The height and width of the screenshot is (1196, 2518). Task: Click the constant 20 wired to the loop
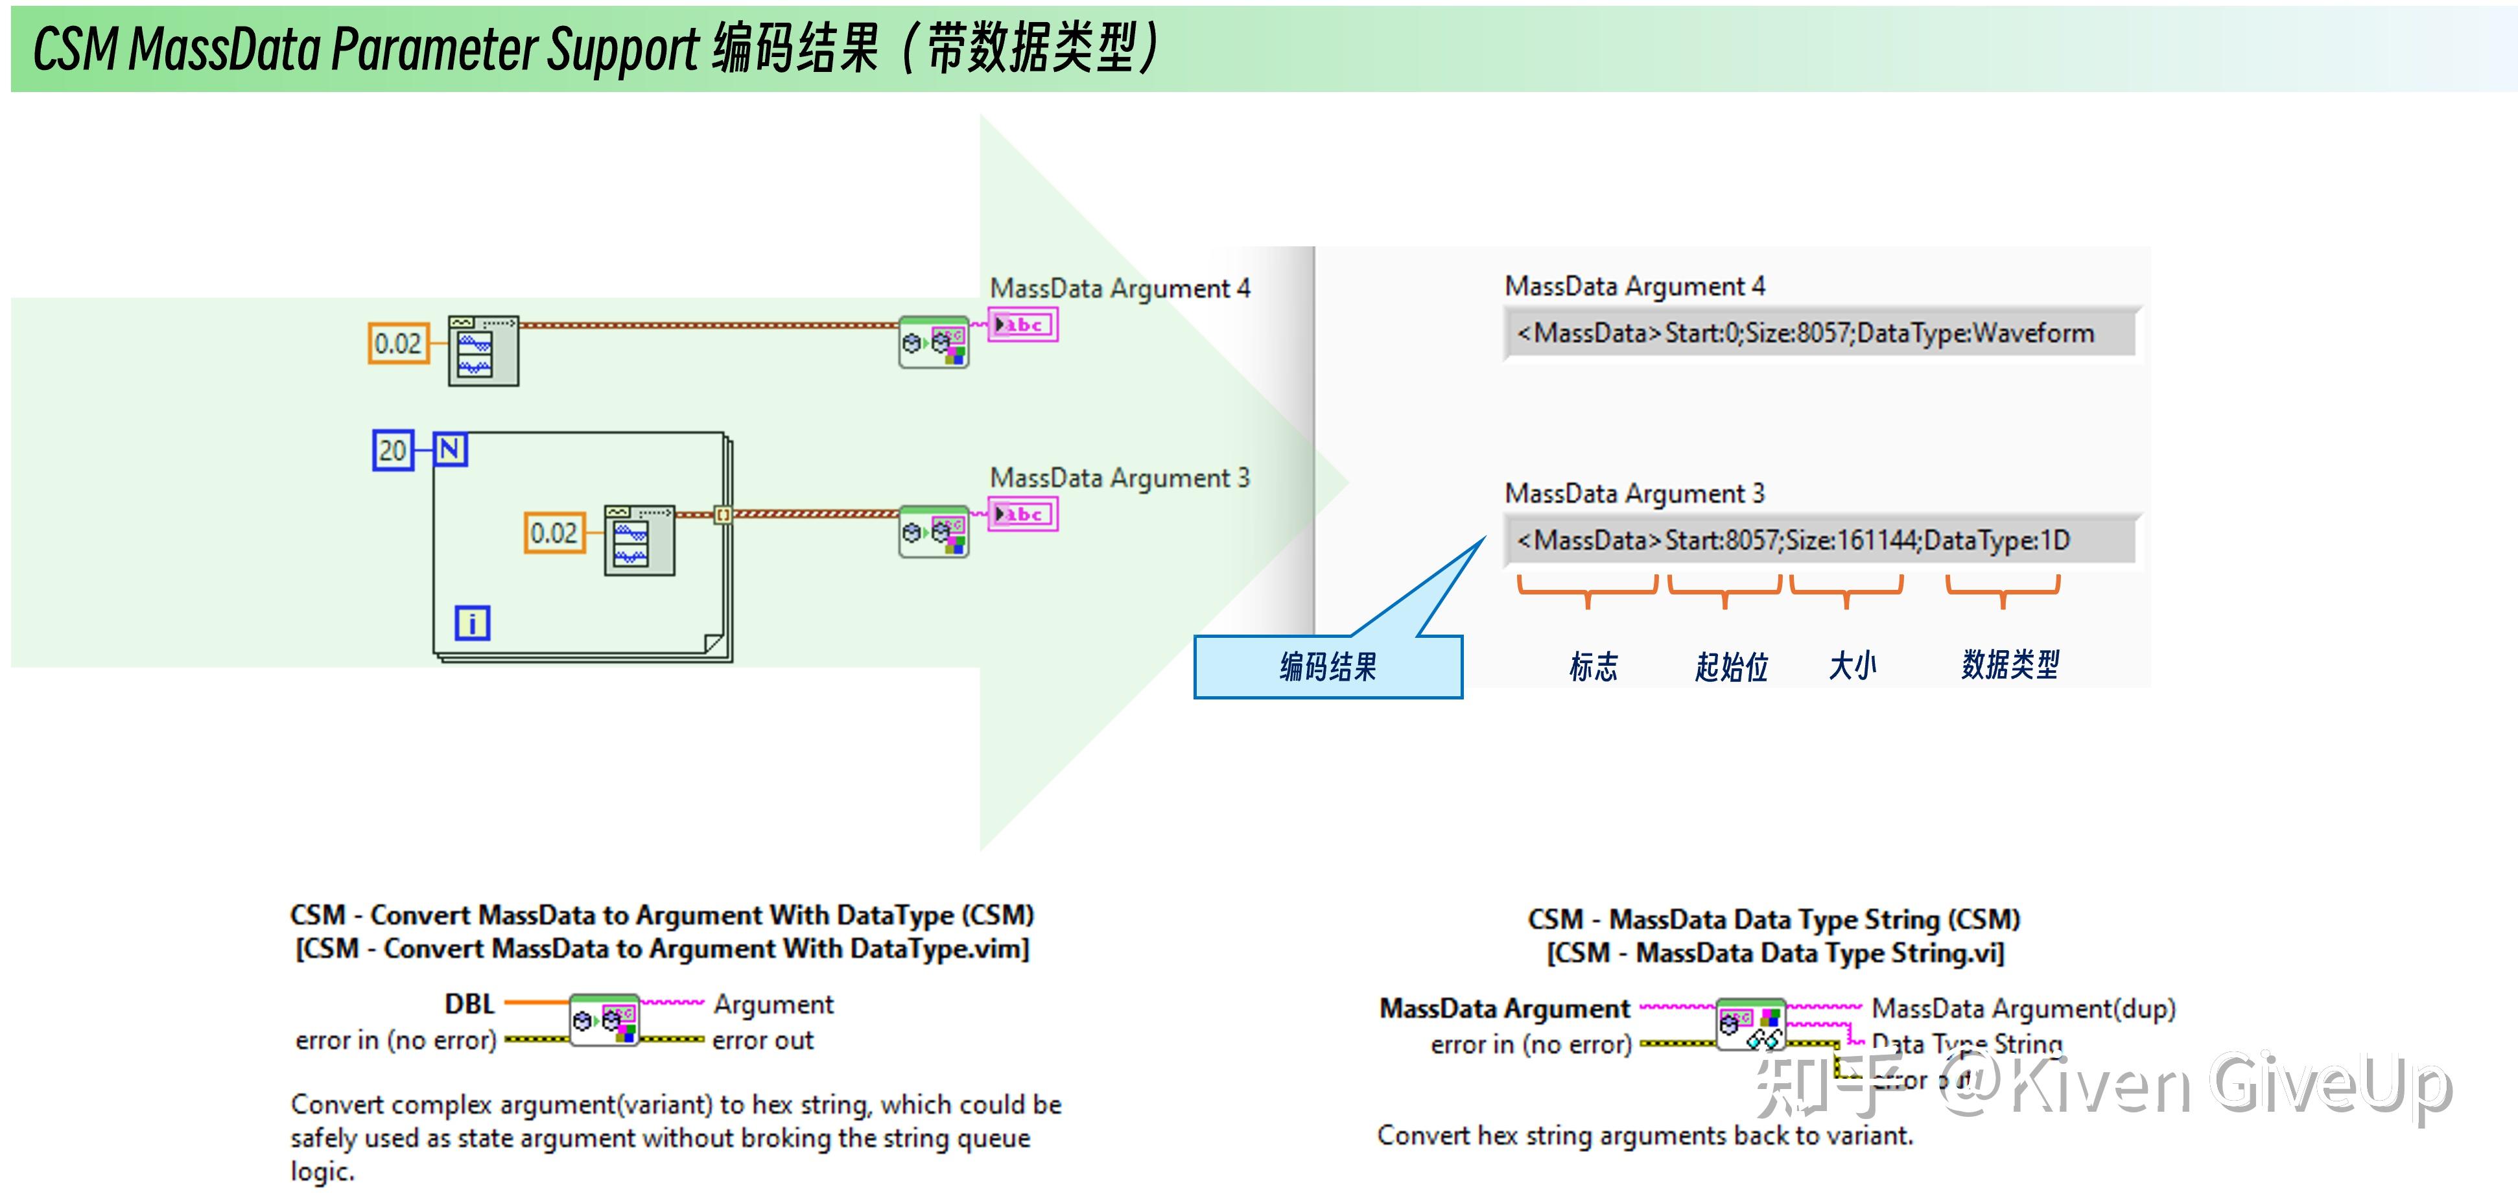[x=393, y=451]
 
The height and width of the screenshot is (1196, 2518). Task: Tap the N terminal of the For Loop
[x=450, y=449]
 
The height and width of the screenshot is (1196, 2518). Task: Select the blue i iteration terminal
[x=472, y=622]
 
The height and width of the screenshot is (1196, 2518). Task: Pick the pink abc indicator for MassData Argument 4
[x=1022, y=324]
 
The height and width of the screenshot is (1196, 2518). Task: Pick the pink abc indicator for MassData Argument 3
[x=1022, y=514]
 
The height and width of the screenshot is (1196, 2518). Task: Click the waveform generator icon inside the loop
[x=639, y=541]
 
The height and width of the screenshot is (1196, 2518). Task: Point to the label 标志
[x=1594, y=666]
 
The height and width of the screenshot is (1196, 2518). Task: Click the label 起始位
[x=1731, y=666]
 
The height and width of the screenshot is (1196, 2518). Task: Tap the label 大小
[x=1852, y=666]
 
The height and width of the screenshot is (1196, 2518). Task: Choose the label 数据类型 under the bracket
[x=2010, y=664]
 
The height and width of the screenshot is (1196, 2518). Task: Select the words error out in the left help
[x=762, y=1040]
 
